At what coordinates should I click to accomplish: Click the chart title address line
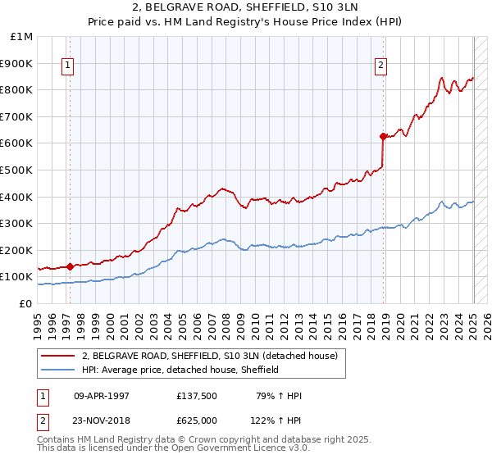tap(245, 9)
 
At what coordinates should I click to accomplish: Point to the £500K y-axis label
tap(18, 170)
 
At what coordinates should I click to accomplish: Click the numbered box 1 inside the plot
tap(67, 68)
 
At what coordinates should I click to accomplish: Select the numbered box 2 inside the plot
tap(382, 68)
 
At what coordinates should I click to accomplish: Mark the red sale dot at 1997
tap(71, 266)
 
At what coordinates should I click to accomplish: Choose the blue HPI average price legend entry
tap(180, 370)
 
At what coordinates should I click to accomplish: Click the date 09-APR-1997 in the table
tap(102, 396)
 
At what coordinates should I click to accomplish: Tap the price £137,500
tap(196, 396)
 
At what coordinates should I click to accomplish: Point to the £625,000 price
tap(196, 420)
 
